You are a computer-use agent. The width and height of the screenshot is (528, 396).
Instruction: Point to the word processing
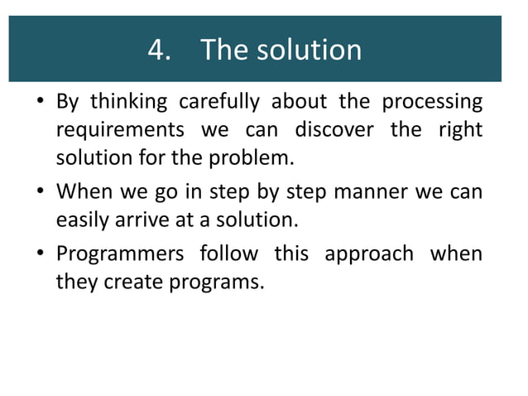(x=432, y=103)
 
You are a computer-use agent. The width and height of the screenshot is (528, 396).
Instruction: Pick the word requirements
(x=120, y=130)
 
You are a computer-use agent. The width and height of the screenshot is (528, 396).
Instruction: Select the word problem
(x=259, y=157)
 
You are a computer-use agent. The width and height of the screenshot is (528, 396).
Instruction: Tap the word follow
(x=228, y=254)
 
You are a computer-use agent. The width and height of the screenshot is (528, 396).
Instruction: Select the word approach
(x=368, y=254)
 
